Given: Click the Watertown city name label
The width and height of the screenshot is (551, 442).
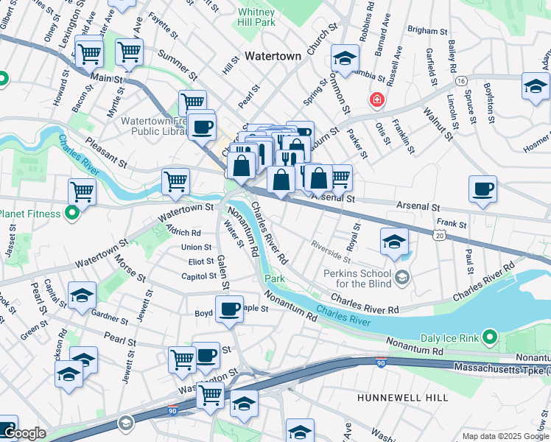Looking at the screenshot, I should tap(273, 56).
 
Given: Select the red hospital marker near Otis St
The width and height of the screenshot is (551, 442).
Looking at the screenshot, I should tap(377, 99).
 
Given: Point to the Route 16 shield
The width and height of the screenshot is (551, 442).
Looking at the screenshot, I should tap(461, 79).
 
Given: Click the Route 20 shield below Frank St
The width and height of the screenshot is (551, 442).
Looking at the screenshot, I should tap(440, 234).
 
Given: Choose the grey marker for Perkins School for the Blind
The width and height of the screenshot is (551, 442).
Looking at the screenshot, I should tap(401, 277).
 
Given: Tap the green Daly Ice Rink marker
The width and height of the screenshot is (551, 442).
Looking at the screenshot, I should tap(490, 338).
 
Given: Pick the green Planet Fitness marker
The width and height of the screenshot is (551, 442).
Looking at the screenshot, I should tap(72, 214).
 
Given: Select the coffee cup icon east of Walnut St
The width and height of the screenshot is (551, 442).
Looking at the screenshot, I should tap(482, 189).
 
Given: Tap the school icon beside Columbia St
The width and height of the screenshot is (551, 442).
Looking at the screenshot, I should tap(344, 56).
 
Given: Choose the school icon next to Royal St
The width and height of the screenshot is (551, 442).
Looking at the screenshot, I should tap(394, 241).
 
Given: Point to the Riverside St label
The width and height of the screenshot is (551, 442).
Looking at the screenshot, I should tap(331, 250).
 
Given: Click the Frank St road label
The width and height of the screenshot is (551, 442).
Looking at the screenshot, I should tap(452, 222).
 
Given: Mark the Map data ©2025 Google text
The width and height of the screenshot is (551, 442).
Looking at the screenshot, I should tap(505, 436).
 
